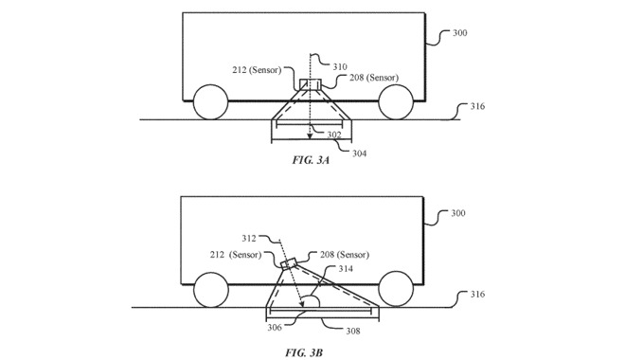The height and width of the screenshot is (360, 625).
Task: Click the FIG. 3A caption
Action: coord(311,160)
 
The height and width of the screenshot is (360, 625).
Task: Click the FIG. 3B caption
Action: coord(304,352)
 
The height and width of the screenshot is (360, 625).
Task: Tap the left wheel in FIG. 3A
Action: coord(210,102)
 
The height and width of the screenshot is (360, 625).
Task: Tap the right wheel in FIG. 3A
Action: coord(396,102)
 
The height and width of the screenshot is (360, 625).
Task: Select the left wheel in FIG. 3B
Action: coord(211,290)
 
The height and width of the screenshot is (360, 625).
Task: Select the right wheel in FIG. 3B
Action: coord(396,289)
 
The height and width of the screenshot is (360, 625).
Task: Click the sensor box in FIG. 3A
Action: coord(310,84)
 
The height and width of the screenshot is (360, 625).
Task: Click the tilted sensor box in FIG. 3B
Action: coord(289,264)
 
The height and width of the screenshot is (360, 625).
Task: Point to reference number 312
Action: coord(249,239)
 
